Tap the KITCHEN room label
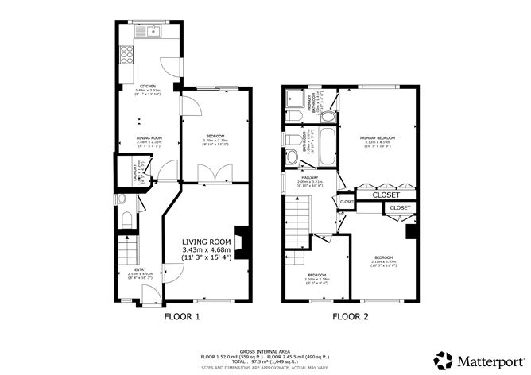(x=148, y=86)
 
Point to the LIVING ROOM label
(x=206, y=242)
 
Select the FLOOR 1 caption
(x=181, y=317)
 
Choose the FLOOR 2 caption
(x=351, y=317)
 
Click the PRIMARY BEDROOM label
(x=379, y=137)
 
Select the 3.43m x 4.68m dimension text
(x=206, y=249)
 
